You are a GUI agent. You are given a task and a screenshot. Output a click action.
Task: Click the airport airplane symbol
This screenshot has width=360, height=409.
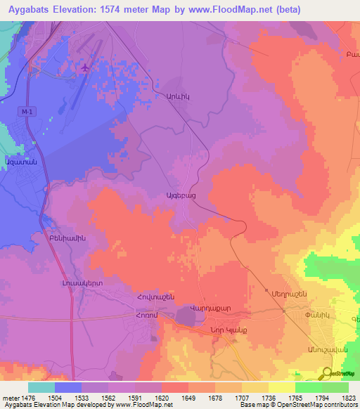[86, 67]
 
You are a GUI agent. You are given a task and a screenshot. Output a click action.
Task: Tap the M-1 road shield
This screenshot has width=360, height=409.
[27, 112]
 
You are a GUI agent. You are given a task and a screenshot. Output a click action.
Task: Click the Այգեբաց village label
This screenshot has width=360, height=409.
[181, 195]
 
